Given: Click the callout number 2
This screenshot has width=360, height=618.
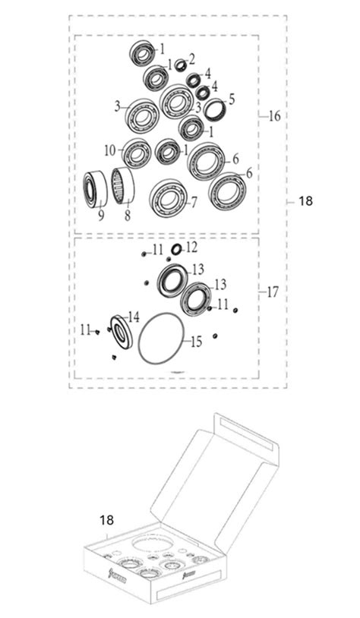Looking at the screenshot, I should point(191,58).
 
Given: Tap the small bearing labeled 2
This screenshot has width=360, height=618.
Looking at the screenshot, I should point(181,65).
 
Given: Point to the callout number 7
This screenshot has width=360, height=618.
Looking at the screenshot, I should point(194,203).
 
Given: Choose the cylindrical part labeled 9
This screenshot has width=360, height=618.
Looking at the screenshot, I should point(95,190).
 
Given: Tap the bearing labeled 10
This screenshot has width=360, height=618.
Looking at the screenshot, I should point(137,154).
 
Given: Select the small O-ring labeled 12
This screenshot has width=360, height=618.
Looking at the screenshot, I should point(175,249).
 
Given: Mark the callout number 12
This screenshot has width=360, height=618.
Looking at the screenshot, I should point(191,248).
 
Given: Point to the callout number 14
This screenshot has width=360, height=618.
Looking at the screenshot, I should point(134,316).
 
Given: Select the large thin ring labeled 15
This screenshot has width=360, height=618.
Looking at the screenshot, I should point(160,339).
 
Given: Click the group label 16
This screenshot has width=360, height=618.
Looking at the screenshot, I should point(274,116).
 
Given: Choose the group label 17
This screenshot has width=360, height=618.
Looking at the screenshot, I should point(274,292).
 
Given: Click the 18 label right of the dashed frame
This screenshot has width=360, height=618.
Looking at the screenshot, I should point(305,201).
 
